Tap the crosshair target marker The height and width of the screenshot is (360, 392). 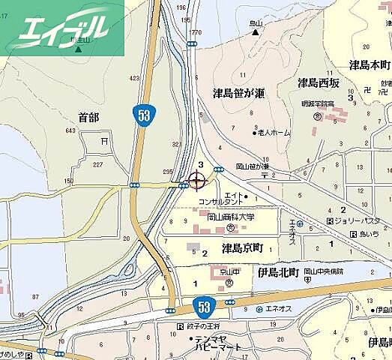pyautogui.click(x=197, y=181)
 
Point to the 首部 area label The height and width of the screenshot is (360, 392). pyautogui.click(x=88, y=117)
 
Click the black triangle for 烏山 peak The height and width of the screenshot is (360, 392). pyautogui.click(x=256, y=32)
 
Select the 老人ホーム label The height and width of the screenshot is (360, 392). pyautogui.click(x=275, y=133)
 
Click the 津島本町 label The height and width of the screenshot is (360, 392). pyautogui.click(x=370, y=65)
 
